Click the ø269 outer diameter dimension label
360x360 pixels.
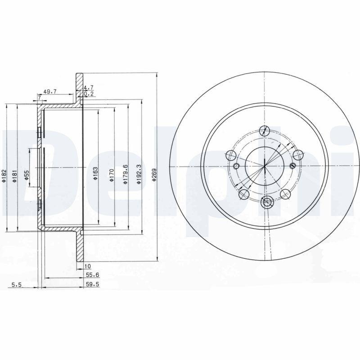click(154, 175)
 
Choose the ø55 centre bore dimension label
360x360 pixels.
click(27, 175)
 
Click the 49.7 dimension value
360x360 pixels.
click(50, 91)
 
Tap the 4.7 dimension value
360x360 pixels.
click(89, 88)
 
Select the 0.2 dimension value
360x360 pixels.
click(89, 94)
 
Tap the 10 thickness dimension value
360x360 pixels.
click(87, 267)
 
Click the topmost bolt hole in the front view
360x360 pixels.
click(265, 130)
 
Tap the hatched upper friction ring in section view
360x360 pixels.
click(80, 90)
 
